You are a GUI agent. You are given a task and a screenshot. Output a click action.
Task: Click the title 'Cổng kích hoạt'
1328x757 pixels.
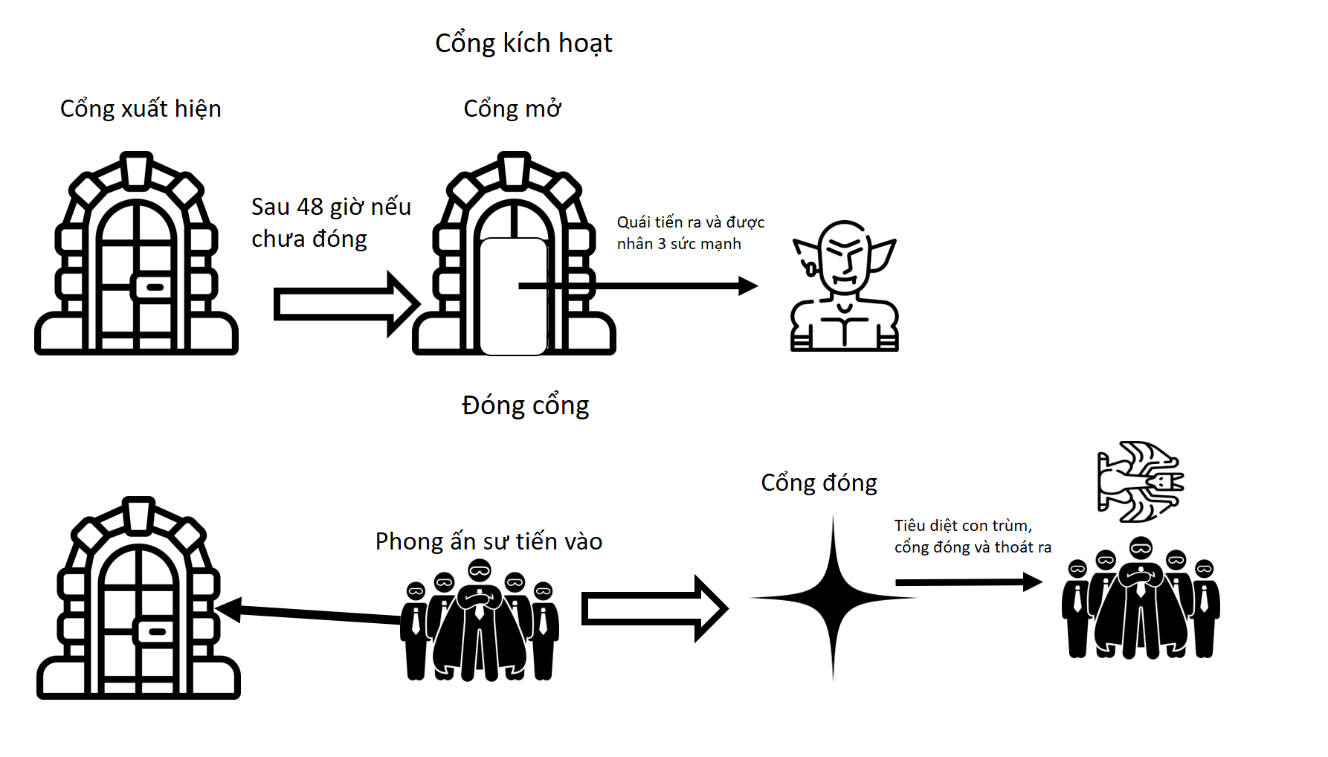tap(523, 43)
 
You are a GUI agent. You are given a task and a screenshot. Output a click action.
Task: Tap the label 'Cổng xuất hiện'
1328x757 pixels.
tap(141, 109)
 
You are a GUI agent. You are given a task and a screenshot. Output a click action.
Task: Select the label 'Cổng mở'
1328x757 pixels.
tap(512, 109)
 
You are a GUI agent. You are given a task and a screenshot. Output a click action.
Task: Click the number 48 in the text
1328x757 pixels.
tap(310, 207)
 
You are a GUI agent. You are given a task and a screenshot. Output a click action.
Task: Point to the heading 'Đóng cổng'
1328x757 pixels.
tap(525, 405)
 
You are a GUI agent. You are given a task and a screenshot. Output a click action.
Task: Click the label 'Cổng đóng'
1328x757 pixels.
tap(819, 483)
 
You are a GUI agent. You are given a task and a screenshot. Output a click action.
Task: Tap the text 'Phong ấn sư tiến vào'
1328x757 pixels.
tap(489, 541)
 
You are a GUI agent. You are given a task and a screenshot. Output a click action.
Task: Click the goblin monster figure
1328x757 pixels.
tap(845, 286)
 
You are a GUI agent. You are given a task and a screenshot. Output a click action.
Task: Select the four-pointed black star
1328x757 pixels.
tap(833, 597)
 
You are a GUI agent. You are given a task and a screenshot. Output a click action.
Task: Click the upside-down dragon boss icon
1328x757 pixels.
tap(1140, 482)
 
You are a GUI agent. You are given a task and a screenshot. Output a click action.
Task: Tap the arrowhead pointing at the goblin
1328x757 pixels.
tap(748, 286)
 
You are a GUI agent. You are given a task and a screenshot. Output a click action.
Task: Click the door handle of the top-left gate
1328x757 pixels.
tap(154, 287)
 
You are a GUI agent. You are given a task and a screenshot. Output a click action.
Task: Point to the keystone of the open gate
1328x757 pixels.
tap(514, 170)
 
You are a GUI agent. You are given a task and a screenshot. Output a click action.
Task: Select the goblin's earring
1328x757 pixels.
tap(810, 268)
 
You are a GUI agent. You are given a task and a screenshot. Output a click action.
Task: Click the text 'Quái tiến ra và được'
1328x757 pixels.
tap(690, 222)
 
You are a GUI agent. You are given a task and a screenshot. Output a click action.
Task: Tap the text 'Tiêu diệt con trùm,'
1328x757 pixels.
tap(963, 526)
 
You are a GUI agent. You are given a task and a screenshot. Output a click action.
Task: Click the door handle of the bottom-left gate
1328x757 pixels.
tap(156, 631)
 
